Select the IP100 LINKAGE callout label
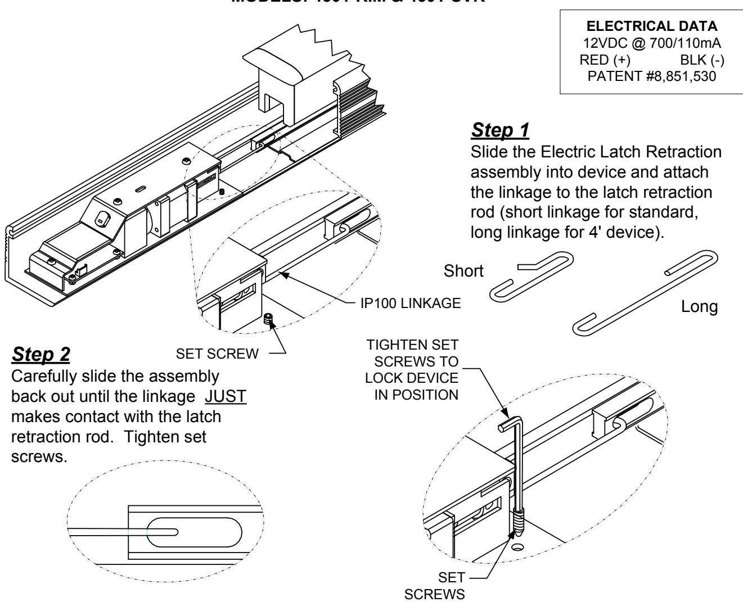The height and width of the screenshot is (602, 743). click(x=411, y=304)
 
